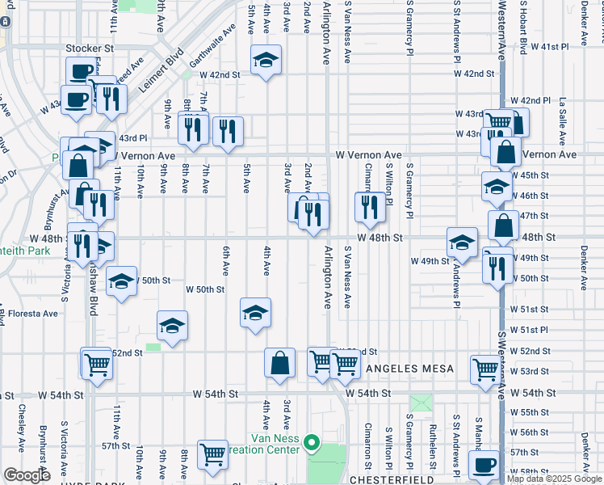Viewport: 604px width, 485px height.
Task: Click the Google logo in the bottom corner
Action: point(26,475)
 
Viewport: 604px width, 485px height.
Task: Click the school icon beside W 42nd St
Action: point(265,60)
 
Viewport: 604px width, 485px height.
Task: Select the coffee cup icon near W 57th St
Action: point(484,466)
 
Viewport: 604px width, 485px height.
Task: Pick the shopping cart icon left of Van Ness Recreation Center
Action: point(213,454)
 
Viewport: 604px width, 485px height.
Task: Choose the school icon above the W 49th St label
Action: point(463,241)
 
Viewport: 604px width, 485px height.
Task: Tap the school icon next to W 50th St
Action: point(121,280)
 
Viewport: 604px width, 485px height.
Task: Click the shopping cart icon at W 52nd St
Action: point(96,363)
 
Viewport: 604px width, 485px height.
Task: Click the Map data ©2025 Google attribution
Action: point(554,479)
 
